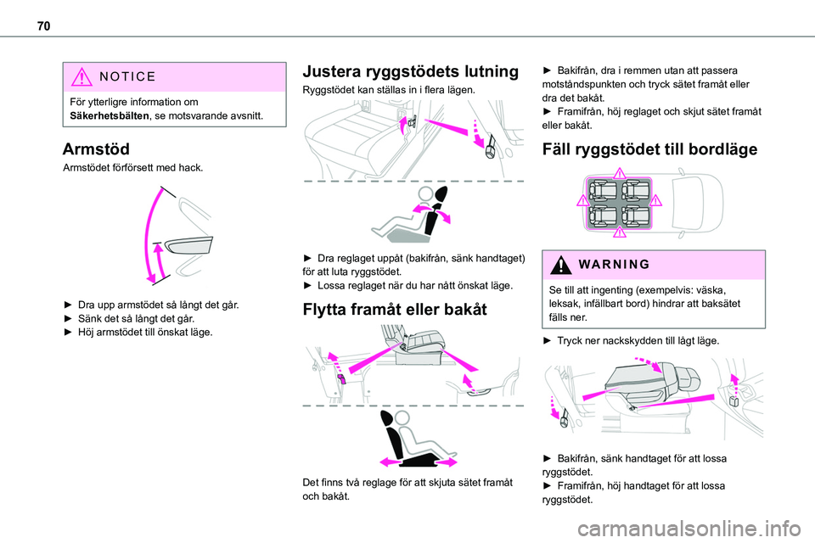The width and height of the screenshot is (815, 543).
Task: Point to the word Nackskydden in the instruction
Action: [638, 340]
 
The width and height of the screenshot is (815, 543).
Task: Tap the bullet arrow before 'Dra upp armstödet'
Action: [68, 303]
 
